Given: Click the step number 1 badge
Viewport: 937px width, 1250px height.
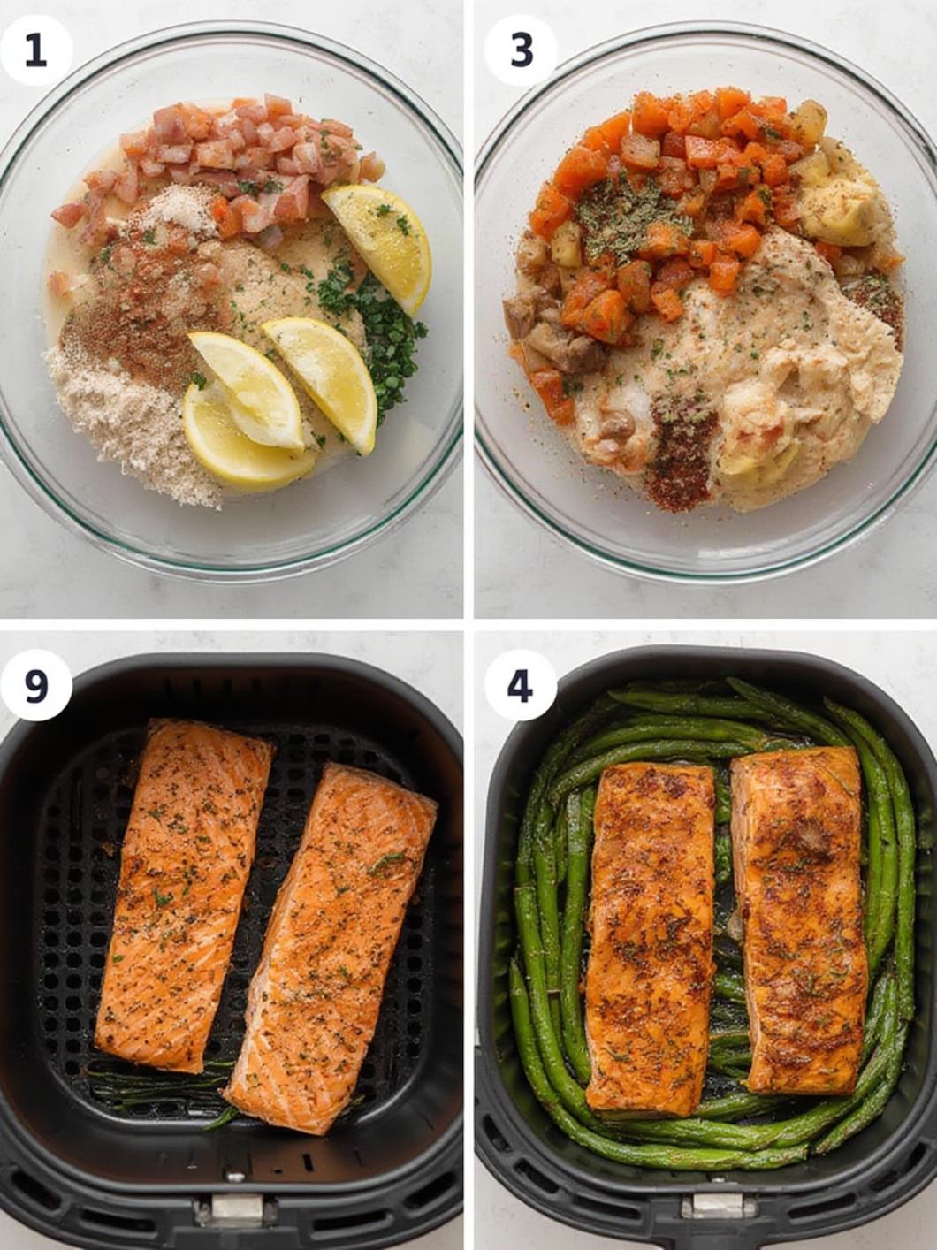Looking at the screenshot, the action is point(36,50).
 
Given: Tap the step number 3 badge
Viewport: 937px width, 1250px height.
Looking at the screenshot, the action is point(521,50).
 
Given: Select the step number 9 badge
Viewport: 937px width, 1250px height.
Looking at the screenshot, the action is point(36,685).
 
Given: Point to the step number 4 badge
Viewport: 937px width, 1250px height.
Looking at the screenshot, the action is point(521,685).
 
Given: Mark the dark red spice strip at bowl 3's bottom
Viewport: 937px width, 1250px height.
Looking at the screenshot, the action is point(681,453).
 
